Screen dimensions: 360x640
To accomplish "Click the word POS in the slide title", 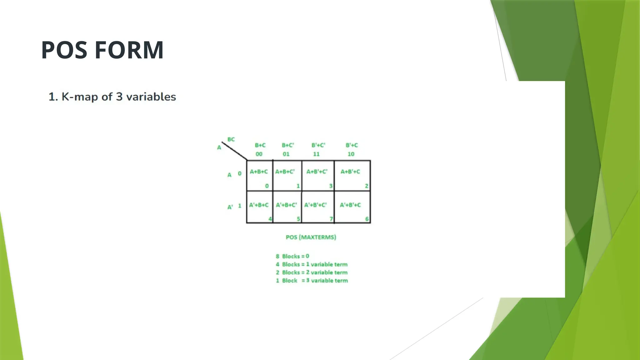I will pyautogui.click(x=64, y=50).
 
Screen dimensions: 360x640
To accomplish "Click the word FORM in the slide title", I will pyautogui.click(x=129, y=50).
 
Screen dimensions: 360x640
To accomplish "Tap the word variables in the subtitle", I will pyautogui.click(x=151, y=97).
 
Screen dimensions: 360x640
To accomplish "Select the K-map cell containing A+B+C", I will pyautogui.click(x=259, y=176).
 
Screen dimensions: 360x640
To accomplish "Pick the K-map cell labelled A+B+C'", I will pyautogui.click(x=287, y=176).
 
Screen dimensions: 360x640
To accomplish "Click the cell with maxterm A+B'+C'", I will pyautogui.click(x=317, y=176).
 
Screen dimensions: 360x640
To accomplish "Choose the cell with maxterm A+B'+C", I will pyautogui.click(x=352, y=176).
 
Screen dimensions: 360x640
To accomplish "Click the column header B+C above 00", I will pyautogui.click(x=260, y=145).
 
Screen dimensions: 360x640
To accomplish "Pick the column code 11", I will pyautogui.click(x=316, y=154).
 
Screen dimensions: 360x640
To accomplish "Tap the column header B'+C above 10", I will pyautogui.click(x=352, y=145).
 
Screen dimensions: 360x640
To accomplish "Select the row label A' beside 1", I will pyautogui.click(x=230, y=207).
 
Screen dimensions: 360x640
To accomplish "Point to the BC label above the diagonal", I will pyautogui.click(x=231, y=139).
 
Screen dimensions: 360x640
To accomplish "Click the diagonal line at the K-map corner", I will pyautogui.click(x=234, y=151).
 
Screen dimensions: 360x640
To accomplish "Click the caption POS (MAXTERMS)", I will pyautogui.click(x=311, y=237).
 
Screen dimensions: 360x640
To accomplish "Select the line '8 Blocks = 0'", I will pyautogui.click(x=292, y=256).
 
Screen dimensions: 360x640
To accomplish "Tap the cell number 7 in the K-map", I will pyautogui.click(x=331, y=219).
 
